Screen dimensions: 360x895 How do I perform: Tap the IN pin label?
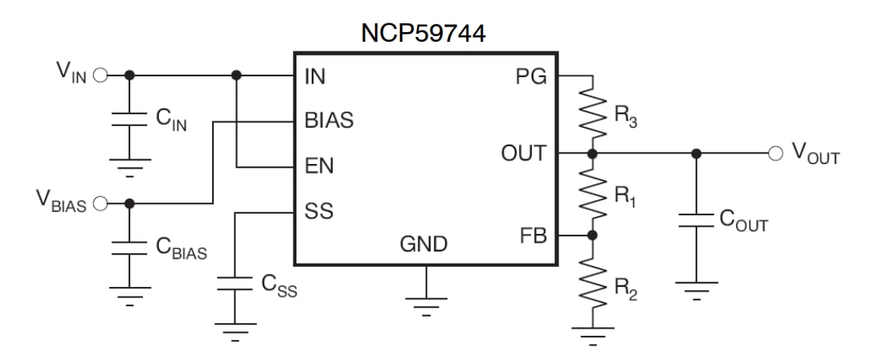pos(314,76)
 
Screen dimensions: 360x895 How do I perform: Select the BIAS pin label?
pos(329,121)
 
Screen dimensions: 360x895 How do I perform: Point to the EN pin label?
pos(319,167)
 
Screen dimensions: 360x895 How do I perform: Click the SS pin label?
pos(318,212)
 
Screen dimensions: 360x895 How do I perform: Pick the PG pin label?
pos(529,76)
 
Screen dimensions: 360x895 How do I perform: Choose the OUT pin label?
pos(523,153)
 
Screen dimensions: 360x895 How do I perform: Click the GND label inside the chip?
pos(424,243)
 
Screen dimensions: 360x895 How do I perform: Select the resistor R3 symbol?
pos(592,112)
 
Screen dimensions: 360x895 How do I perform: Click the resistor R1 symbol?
pos(592,194)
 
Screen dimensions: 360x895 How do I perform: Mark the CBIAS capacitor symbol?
pos(129,247)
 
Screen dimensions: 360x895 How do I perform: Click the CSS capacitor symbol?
pos(235,283)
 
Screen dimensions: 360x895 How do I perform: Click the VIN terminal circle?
pos(100,76)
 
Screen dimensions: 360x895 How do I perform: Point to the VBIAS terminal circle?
pos(100,202)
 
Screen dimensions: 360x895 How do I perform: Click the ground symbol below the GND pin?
pos(425,305)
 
